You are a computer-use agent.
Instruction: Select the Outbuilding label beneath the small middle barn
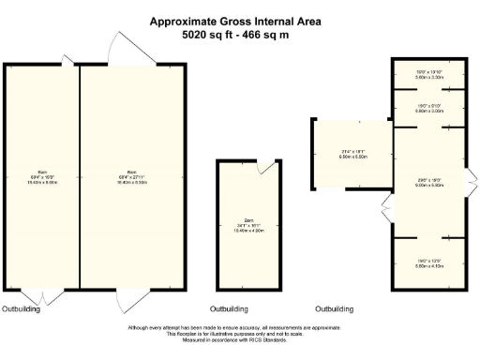[229, 308]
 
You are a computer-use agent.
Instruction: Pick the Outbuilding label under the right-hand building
[334, 308]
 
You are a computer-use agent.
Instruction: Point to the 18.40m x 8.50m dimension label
[131, 183]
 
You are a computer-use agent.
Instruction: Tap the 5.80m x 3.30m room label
[428, 77]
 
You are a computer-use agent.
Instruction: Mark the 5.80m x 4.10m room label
[428, 265]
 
